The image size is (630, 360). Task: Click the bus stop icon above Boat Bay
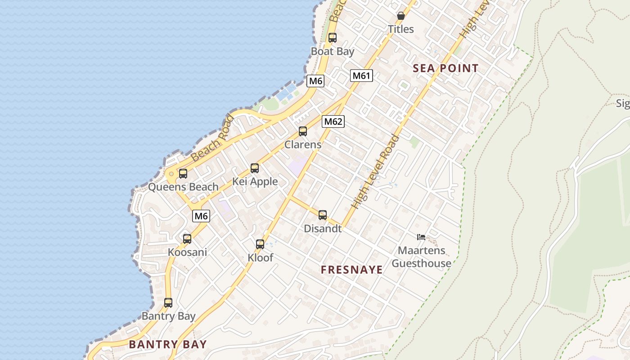coord(333,38)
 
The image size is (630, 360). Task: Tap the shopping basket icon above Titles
coord(401,16)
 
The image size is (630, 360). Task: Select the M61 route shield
coord(361,76)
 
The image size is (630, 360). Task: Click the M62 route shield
coord(333,121)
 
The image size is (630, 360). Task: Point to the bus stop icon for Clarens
coord(303,131)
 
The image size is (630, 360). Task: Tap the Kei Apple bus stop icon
coord(255,168)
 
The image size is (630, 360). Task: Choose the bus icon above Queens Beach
coord(183,173)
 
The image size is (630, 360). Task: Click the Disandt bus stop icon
coord(323,215)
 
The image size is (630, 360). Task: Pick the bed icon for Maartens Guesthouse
coord(421,237)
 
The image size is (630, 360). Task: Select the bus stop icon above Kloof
coord(260,244)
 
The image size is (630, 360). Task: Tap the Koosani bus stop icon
coord(187,239)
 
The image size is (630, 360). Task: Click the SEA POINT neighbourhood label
coord(445,68)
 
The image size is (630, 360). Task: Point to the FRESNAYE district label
coord(351,270)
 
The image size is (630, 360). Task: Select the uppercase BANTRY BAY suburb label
coord(168,345)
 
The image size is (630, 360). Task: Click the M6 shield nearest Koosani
coord(201,216)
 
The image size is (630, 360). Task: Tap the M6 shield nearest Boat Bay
coord(315,81)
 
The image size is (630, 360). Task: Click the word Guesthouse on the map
coord(421,263)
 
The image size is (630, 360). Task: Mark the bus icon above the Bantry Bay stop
coord(168,303)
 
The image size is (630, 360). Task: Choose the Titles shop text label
coord(401,29)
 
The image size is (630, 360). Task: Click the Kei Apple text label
coord(255,182)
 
